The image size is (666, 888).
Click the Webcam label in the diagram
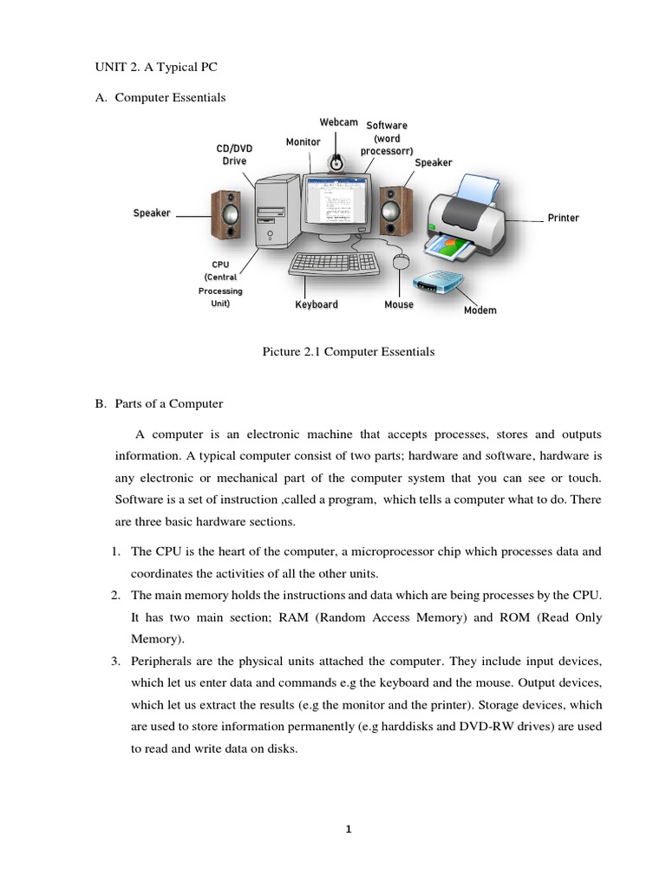(x=338, y=122)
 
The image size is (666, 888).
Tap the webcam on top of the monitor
(x=336, y=160)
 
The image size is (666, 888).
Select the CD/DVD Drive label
(x=234, y=154)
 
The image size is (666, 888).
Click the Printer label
(x=563, y=218)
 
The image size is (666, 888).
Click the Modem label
(x=480, y=310)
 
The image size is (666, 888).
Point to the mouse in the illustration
(x=400, y=261)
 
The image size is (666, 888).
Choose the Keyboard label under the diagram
(x=316, y=305)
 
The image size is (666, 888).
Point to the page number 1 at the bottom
(x=348, y=829)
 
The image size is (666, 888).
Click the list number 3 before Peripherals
(x=114, y=662)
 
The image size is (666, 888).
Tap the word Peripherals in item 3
(x=160, y=662)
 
